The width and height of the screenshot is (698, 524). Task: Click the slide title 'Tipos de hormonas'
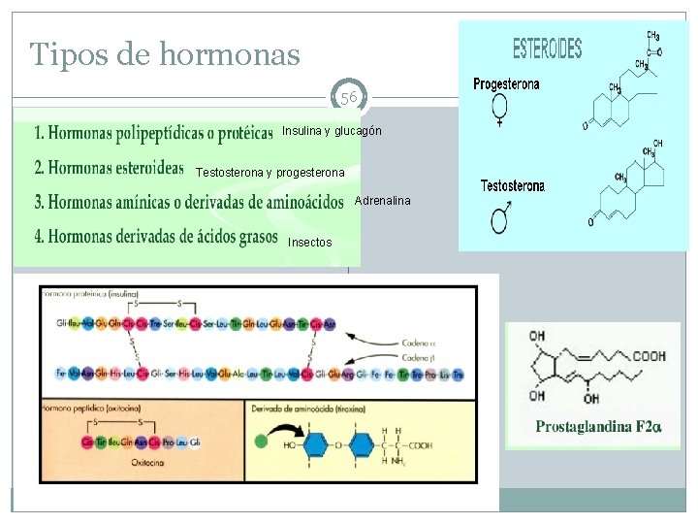pyautogui.click(x=165, y=54)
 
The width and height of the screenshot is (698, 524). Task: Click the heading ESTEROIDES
pyautogui.click(x=547, y=48)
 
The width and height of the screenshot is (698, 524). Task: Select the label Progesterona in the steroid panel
pyautogui.click(x=506, y=84)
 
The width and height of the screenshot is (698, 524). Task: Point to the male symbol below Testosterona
pyautogui.click(x=503, y=218)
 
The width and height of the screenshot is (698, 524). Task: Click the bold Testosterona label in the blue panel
pyautogui.click(x=513, y=186)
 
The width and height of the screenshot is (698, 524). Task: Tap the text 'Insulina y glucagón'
pyautogui.click(x=332, y=131)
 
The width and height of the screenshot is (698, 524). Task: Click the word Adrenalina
pyautogui.click(x=383, y=201)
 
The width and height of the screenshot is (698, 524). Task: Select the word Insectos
pyautogui.click(x=310, y=242)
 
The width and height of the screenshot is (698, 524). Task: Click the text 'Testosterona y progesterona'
pyautogui.click(x=270, y=173)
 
